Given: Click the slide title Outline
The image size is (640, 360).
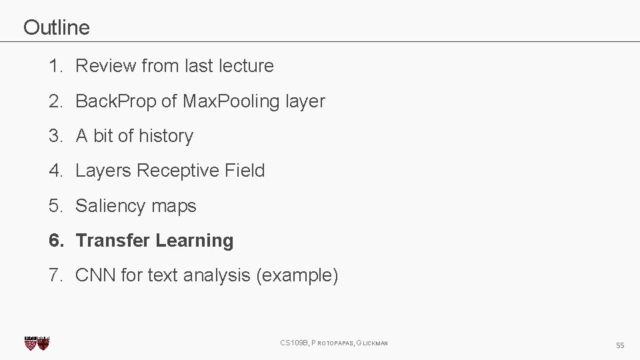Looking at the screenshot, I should [x=56, y=27].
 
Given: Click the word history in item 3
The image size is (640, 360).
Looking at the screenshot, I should [x=166, y=136].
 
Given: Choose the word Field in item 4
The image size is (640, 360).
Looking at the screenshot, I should [x=245, y=171].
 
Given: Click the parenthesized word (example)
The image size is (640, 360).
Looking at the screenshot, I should [x=297, y=275].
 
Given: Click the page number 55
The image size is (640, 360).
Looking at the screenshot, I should [x=620, y=345].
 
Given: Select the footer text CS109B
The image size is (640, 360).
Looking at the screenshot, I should [x=294, y=343].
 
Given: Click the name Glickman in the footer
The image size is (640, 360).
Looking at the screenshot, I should [x=372, y=343].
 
